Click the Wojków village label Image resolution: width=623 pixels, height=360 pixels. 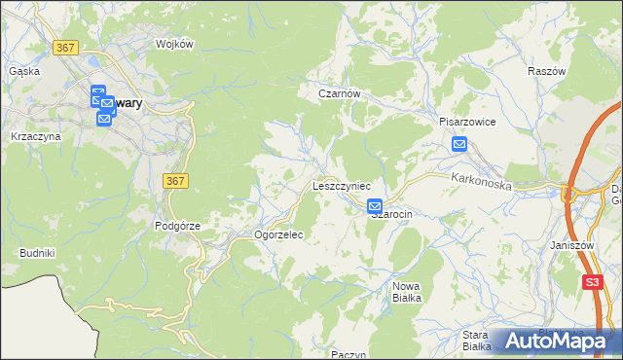pos(176,44)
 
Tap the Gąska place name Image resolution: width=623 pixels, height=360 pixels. pos(23,71)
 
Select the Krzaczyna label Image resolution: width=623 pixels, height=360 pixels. pos(36,136)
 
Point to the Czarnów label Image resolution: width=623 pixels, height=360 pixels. pos(341,93)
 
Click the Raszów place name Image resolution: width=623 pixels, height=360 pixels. pos(546,72)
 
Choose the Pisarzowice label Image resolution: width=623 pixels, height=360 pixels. pos(467,123)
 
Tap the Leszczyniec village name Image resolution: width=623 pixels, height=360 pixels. pos(341,184)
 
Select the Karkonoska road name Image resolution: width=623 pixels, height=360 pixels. pos(481,179)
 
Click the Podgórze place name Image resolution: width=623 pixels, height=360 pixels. pos(177,225)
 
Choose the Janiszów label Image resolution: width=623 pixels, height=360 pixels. pos(571,245)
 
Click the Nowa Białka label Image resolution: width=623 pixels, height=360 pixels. pos(406,292)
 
